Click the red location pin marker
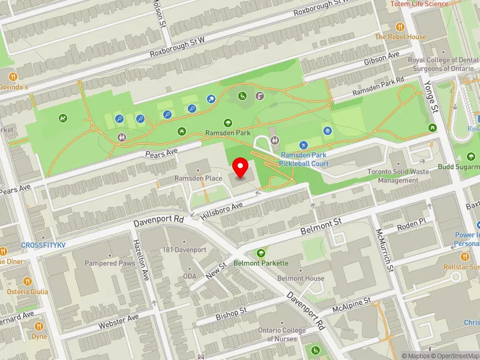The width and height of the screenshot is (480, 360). tap(241, 168)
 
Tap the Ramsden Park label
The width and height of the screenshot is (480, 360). tap(228, 133)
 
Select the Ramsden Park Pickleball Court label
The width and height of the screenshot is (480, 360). tap(304, 159)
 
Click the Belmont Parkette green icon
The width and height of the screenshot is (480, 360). tap(261, 253)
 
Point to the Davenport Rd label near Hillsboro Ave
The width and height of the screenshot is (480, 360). tap(158, 221)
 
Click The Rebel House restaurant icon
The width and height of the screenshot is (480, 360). tap(400, 27)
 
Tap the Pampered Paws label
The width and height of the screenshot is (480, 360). tap(109, 263)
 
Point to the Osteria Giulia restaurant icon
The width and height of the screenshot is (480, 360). tap(27, 281)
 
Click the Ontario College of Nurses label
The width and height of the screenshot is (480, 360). tap(282, 334)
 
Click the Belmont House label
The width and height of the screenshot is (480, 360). tap(301, 278)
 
